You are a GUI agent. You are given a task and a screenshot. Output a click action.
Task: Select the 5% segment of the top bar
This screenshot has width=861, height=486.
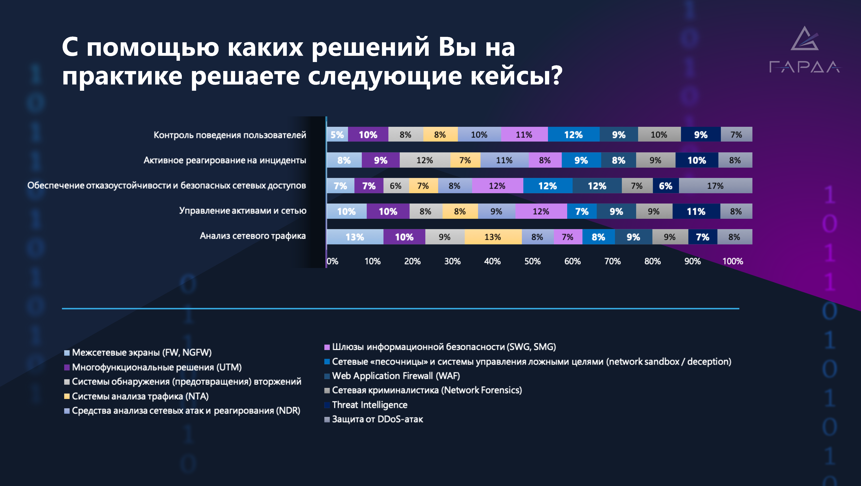337,134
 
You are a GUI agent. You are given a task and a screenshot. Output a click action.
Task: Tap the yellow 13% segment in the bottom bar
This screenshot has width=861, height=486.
493,237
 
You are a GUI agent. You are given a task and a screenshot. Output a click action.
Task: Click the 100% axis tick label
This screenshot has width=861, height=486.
733,261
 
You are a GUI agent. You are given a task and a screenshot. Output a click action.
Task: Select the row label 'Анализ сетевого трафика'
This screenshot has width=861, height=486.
253,236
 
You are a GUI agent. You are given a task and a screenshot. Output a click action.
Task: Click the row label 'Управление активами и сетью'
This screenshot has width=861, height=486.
243,211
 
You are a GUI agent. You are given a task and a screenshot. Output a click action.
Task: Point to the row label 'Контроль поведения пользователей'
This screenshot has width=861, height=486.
230,135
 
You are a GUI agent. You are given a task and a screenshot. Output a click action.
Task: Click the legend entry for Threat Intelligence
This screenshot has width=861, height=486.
370,405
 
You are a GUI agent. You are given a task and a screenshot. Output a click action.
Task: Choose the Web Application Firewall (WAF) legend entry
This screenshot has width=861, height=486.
396,376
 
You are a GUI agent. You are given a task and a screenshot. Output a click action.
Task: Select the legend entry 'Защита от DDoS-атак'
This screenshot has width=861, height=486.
377,419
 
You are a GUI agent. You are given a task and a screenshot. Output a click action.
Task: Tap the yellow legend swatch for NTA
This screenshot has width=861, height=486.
67,396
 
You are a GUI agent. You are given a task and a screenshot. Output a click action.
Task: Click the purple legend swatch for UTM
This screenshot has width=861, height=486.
67,367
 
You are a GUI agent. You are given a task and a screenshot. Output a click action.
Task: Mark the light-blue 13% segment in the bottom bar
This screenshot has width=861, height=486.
355,237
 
